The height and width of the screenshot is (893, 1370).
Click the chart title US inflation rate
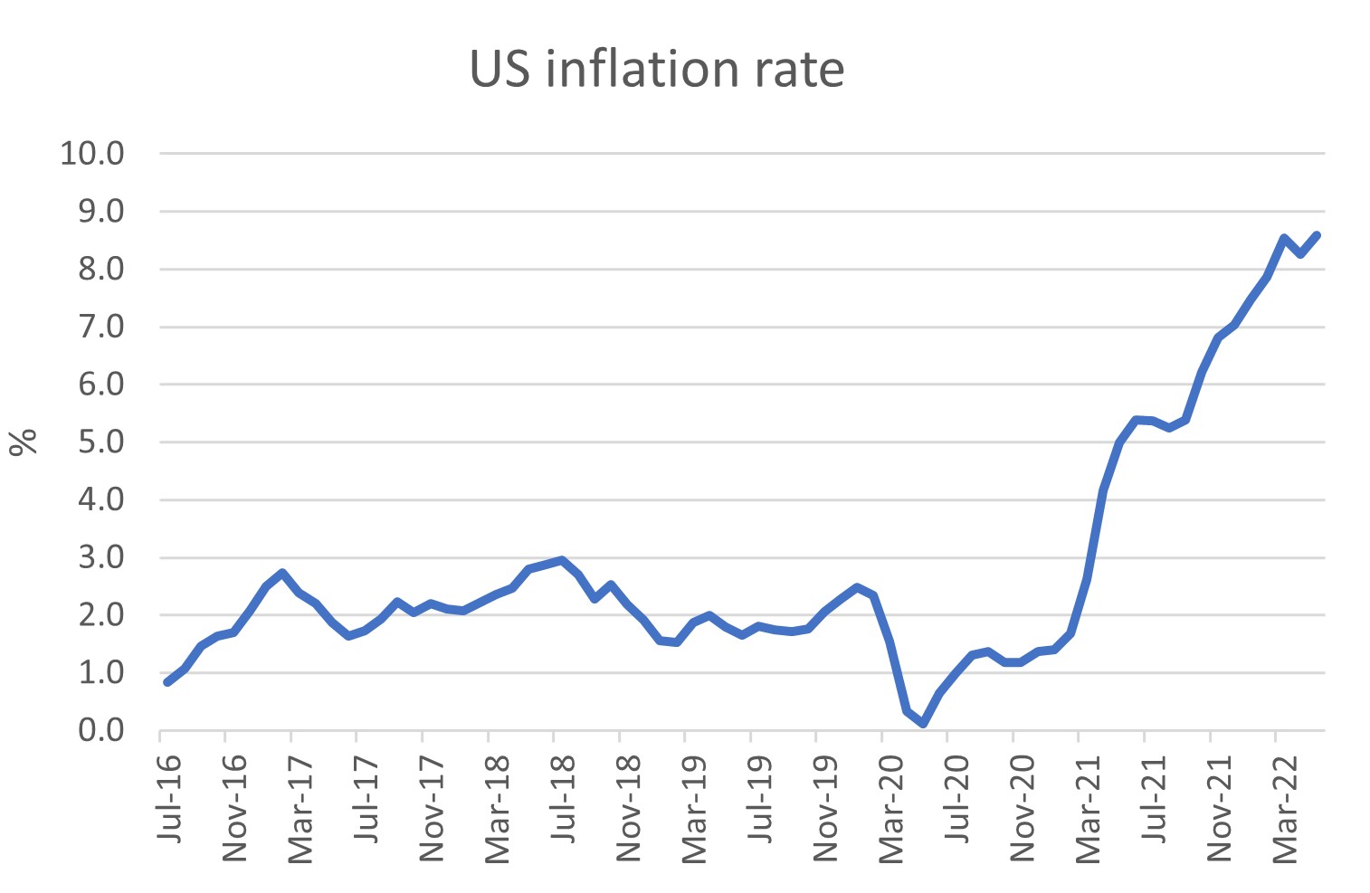click(x=657, y=70)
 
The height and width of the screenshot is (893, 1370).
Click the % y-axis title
click(x=24, y=442)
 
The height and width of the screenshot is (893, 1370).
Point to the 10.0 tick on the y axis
click(x=92, y=154)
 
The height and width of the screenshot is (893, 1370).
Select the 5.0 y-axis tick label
click(x=100, y=442)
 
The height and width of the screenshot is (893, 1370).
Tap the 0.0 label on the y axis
click(x=100, y=730)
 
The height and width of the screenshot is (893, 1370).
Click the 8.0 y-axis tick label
click(x=100, y=270)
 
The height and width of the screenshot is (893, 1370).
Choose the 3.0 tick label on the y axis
click(x=100, y=557)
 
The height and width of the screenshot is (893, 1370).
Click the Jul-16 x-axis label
click(x=169, y=797)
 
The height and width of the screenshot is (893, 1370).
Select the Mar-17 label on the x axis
click(x=300, y=806)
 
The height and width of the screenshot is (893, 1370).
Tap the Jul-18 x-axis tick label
click(x=563, y=797)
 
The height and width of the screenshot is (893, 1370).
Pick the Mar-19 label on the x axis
click(x=694, y=806)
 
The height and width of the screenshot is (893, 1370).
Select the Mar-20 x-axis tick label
click(x=891, y=806)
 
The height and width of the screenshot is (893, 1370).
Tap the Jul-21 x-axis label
click(x=1154, y=797)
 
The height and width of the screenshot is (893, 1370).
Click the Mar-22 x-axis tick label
click(x=1285, y=806)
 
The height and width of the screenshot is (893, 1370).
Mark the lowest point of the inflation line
click(x=923, y=724)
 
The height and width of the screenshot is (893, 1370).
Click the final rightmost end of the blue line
click(x=1318, y=235)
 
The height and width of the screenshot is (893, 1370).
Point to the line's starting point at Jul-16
click(x=167, y=681)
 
